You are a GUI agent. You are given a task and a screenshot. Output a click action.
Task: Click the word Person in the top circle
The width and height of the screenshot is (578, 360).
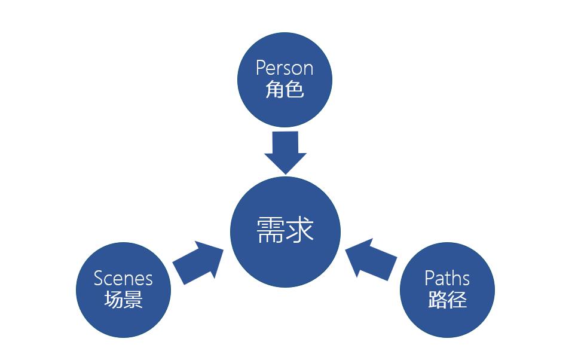(285, 68)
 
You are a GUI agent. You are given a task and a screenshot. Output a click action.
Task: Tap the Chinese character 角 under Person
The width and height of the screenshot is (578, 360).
(274, 89)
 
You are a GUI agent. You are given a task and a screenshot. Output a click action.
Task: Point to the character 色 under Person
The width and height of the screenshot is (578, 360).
(295, 89)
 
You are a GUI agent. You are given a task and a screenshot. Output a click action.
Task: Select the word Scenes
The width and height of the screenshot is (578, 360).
(123, 278)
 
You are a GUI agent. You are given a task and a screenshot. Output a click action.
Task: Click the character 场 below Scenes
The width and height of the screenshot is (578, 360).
(113, 299)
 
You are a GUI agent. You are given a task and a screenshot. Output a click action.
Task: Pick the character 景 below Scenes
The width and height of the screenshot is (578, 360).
(133, 299)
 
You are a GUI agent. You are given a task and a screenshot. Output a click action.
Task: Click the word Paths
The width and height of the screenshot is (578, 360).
(447, 278)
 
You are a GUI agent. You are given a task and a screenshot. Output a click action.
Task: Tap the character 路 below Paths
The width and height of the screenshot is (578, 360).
(437, 299)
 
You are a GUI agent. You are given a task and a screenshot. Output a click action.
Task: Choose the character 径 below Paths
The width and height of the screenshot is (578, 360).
(457, 299)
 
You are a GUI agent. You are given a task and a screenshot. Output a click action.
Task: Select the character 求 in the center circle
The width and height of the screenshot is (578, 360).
(299, 230)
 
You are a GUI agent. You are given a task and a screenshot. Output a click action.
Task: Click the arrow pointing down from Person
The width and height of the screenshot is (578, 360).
(285, 152)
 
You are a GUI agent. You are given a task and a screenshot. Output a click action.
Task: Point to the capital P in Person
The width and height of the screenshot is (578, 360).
(260, 68)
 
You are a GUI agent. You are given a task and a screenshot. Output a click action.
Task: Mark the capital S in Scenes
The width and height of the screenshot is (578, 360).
(99, 278)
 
